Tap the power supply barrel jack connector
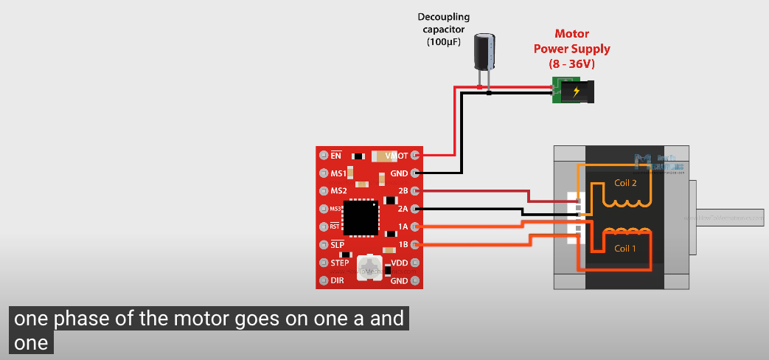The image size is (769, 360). pos(576,92)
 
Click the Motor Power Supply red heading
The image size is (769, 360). pos(582,49)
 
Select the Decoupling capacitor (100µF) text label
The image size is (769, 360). pos(444,30)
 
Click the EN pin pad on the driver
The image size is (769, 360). pos(323,156)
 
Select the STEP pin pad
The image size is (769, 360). pos(323,263)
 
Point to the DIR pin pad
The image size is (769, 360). pos(323,280)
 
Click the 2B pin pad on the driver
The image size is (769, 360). pos(414,191)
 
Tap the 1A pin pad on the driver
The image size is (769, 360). pos(414,226)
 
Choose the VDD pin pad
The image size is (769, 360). pos(414,263)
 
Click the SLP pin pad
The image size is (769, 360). pos(323,244)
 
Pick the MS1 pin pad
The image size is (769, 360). pos(323,173)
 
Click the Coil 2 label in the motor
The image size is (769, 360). pos(625,182)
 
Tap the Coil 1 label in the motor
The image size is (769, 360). pos(625,249)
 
